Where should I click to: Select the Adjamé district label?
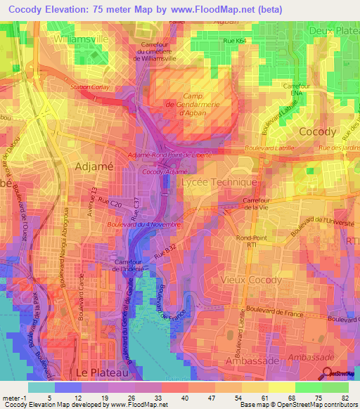pos(91,167)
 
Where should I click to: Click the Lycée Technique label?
pos(219,182)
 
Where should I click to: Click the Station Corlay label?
pos(89,86)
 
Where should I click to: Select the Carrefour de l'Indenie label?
pos(113,266)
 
